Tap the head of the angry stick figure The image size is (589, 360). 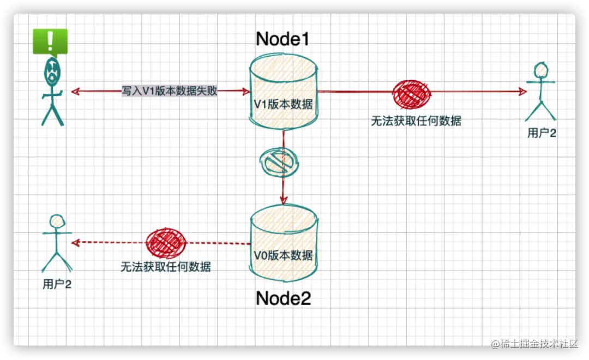tap(51, 71)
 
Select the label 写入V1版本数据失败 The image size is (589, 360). tap(169, 91)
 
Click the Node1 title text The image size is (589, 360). tap(283, 39)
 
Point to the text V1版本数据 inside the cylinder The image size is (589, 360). tap(284, 104)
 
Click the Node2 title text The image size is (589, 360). tap(283, 298)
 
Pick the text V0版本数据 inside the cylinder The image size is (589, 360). tap(284, 255)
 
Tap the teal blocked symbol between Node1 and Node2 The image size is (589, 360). tap(279, 160)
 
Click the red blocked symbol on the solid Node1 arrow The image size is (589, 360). tap(411, 93)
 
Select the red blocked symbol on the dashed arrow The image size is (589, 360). tap(166, 243)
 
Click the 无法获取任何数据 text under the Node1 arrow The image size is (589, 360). tap(416, 121)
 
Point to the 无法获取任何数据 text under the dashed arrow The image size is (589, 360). tap(165, 267)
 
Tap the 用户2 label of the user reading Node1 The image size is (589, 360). tap(542, 133)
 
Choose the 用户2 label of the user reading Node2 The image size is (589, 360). tap(57, 284)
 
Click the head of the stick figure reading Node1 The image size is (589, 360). tap(541, 70)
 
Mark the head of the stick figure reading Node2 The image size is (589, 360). tap(57, 221)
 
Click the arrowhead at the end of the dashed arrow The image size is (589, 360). tap(76, 242)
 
